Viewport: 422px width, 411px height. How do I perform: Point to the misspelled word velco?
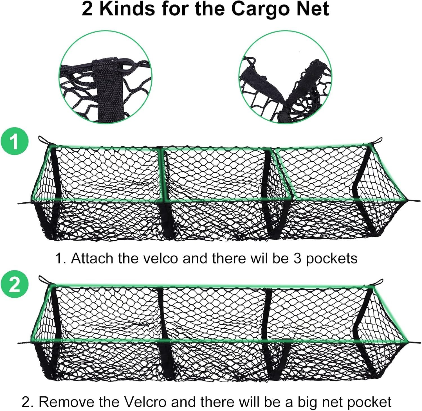click(160, 258)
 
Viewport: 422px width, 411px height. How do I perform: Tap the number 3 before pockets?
click(298, 258)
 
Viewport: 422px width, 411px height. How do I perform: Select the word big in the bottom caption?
click(310, 403)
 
